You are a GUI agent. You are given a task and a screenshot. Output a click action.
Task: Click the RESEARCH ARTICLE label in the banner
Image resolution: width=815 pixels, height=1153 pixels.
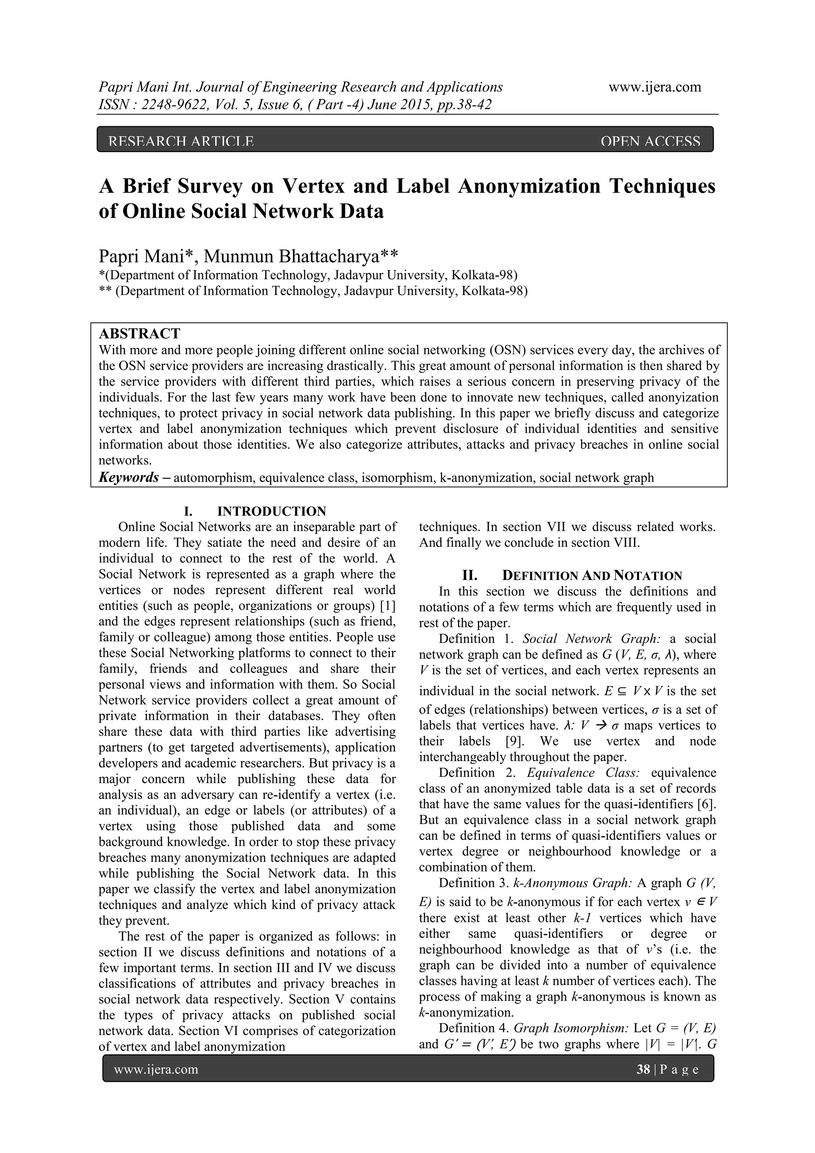pos(181,142)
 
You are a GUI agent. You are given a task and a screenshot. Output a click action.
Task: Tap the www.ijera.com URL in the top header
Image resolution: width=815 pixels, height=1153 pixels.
pos(654,88)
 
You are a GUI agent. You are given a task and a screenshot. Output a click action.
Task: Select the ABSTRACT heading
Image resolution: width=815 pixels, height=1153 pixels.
pos(139,334)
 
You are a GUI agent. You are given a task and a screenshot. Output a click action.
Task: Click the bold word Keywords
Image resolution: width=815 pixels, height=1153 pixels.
pos(129,477)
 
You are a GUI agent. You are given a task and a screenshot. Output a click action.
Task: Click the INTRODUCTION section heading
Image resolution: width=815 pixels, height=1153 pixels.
pos(271,511)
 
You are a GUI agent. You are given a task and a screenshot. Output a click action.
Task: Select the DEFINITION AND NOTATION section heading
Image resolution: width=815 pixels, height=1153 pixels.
pos(592,576)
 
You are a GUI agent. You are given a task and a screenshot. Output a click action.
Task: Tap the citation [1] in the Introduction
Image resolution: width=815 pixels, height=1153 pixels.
pos(388,606)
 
